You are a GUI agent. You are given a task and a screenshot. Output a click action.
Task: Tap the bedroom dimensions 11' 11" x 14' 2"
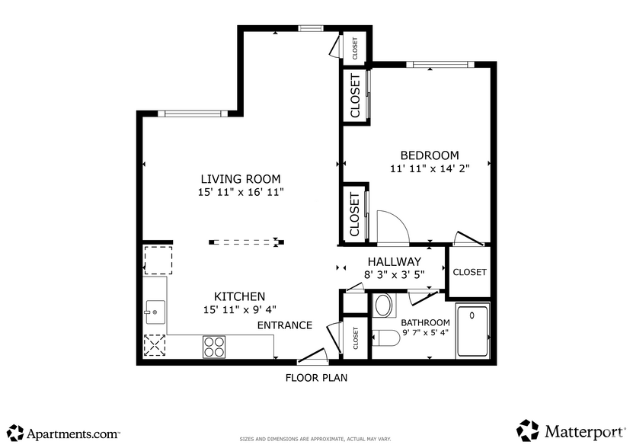pyautogui.click(x=429, y=169)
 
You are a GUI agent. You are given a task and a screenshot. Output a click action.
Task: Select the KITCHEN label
pyautogui.click(x=239, y=296)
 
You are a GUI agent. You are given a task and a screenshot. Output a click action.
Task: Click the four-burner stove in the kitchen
pyautogui.click(x=214, y=347)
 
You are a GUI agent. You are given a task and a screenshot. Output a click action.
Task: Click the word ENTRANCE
pyautogui.click(x=284, y=325)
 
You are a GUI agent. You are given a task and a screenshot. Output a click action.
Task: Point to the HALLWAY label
pyautogui.click(x=394, y=261)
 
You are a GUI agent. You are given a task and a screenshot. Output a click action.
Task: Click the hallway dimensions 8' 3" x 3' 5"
pyautogui.click(x=394, y=274)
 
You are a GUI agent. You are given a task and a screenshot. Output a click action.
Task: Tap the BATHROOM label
pyautogui.click(x=425, y=322)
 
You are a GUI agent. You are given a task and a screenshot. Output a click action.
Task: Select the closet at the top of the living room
pyautogui.click(x=355, y=47)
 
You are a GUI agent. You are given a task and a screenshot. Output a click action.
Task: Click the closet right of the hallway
pyautogui.click(x=469, y=272)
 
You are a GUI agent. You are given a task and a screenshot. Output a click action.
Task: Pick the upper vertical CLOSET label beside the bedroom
pyautogui.click(x=355, y=96)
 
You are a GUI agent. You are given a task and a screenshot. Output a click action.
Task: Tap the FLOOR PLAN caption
pyautogui.click(x=316, y=377)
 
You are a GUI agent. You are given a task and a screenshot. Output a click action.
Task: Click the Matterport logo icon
pyautogui.click(x=528, y=430)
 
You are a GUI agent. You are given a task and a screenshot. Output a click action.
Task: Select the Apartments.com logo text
pyautogui.click(x=73, y=433)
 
